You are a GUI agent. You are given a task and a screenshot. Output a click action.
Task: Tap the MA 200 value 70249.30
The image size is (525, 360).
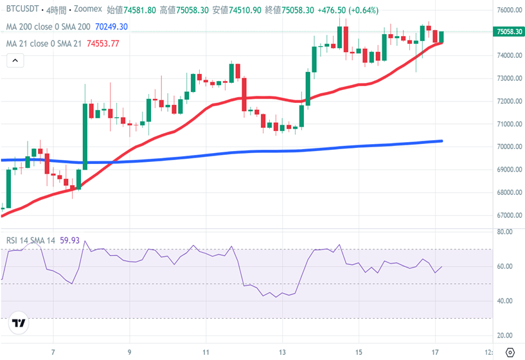[x=111, y=27]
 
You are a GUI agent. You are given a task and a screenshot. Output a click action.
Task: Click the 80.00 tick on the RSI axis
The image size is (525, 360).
[x=504, y=231]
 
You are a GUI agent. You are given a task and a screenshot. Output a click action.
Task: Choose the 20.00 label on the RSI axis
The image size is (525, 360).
[x=504, y=336]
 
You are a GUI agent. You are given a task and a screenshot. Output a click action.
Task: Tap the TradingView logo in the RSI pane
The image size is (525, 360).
[x=19, y=324]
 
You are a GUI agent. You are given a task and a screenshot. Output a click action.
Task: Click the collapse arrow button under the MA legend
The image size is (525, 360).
[x=15, y=61]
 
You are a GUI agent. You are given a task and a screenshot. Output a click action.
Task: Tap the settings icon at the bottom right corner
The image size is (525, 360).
[x=510, y=352]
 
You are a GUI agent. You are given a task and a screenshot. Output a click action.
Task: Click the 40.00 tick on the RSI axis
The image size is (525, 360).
[x=504, y=301]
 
